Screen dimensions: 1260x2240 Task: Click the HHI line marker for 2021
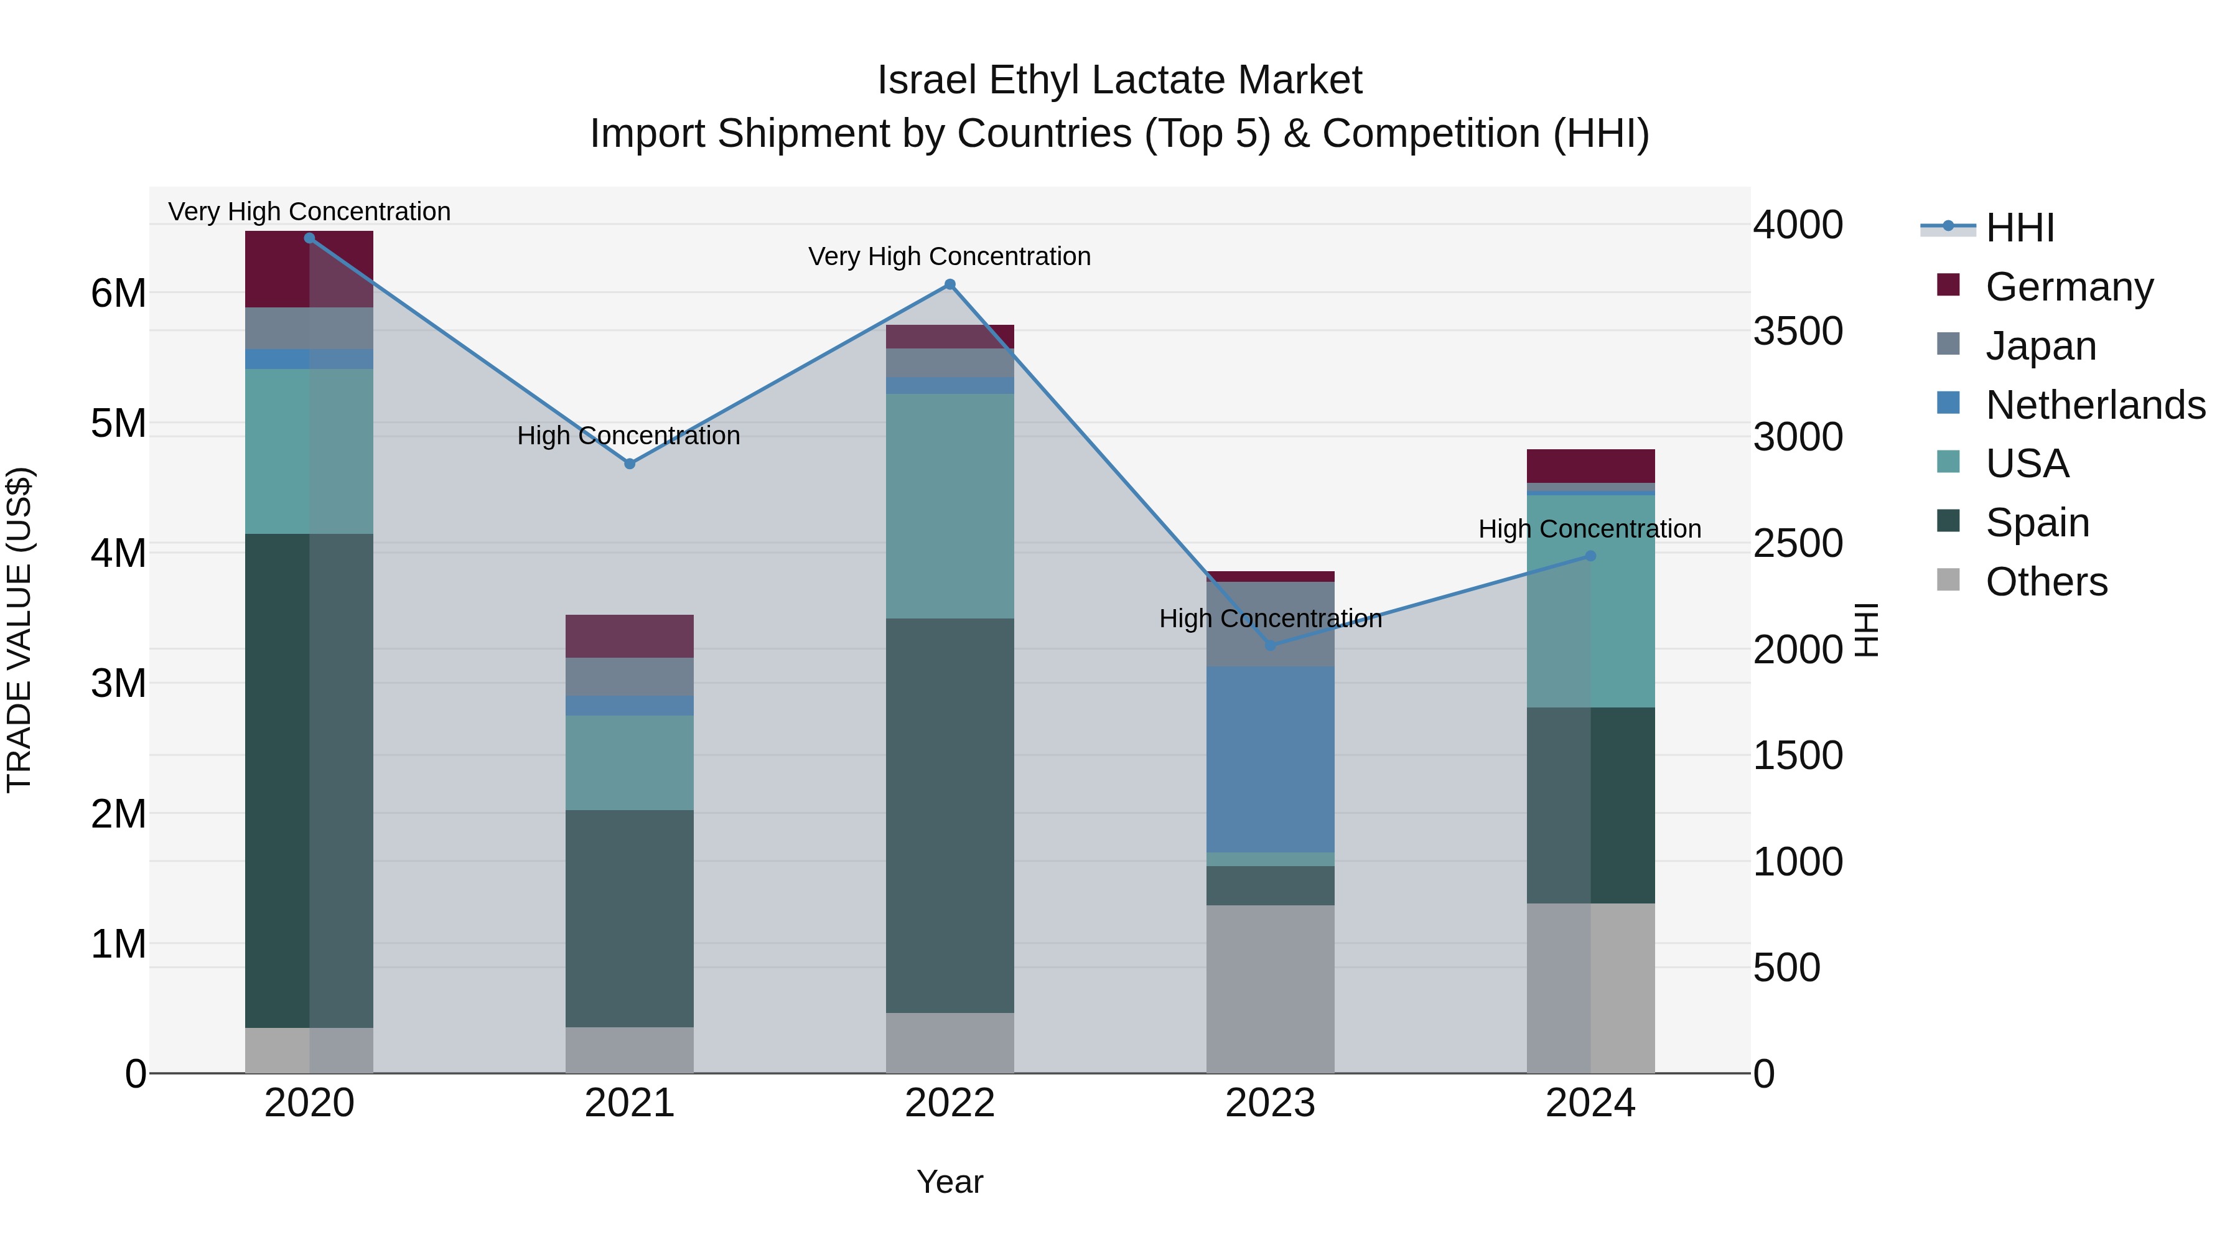[x=630, y=464]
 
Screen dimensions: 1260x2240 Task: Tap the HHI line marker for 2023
[x=1271, y=645]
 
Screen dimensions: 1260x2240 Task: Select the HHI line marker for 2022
[x=950, y=284]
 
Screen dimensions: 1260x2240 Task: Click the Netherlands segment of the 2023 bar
[x=1271, y=759]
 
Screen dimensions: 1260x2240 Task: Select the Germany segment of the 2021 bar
[x=630, y=636]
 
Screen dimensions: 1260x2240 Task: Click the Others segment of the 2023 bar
[x=1271, y=989]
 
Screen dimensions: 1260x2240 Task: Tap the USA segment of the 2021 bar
[x=630, y=763]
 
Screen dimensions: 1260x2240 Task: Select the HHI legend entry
[x=2019, y=228]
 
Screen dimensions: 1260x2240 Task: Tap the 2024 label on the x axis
[x=1590, y=1103]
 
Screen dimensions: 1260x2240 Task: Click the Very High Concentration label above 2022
[x=950, y=256]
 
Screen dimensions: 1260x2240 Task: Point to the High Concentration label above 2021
[x=628, y=436]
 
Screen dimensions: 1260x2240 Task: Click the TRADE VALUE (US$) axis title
[x=19, y=630]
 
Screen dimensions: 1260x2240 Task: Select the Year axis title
[x=950, y=1182]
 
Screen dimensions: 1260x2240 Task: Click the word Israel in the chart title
[x=927, y=80]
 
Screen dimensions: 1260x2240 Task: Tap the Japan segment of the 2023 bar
[x=1271, y=624]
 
